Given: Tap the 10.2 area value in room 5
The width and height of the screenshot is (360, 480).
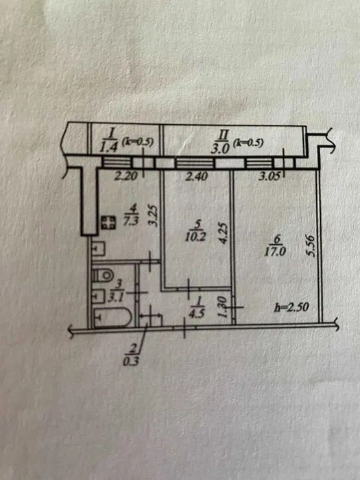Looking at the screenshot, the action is pyautogui.click(x=195, y=237).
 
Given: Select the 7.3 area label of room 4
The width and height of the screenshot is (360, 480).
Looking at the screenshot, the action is pyautogui.click(x=131, y=221).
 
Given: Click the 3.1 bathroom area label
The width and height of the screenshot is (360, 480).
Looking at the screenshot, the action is pyautogui.click(x=115, y=298).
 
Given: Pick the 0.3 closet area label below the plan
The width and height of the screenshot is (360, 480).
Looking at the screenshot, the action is pyautogui.click(x=131, y=362).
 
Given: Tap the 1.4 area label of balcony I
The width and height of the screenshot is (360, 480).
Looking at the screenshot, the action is pyautogui.click(x=109, y=147).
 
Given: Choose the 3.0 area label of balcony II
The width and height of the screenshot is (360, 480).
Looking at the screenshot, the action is pyautogui.click(x=220, y=149).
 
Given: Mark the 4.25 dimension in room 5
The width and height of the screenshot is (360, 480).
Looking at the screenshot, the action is pyautogui.click(x=224, y=232).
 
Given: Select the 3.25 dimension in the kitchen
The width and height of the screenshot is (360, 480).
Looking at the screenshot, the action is pyautogui.click(x=154, y=215).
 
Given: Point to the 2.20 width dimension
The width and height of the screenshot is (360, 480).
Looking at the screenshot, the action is pyautogui.click(x=125, y=176).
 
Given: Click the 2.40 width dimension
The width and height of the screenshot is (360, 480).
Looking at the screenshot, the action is pyautogui.click(x=196, y=176).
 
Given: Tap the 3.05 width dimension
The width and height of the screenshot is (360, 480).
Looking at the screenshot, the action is pyautogui.click(x=270, y=177).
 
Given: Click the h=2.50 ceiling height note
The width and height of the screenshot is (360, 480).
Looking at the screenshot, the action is pyautogui.click(x=291, y=307).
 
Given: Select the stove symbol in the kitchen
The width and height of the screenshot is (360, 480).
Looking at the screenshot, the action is pyautogui.click(x=108, y=223).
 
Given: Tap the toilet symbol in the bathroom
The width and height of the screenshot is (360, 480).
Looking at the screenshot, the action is pyautogui.click(x=103, y=275).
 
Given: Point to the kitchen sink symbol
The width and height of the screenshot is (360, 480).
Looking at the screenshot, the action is pyautogui.click(x=99, y=249).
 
